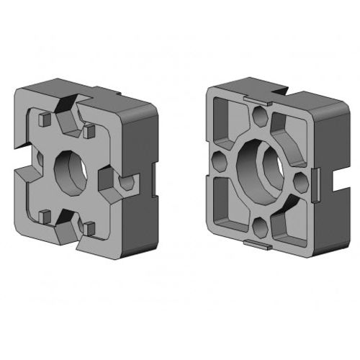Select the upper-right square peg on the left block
pyautogui.click(x=90, y=132)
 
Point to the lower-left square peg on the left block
pyautogui.click(x=45, y=215)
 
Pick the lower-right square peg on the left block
pyautogui.click(x=89, y=228)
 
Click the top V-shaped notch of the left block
pyautogui.click(x=71, y=117)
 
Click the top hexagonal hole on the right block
pyautogui.click(x=261, y=115)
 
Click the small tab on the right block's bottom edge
pyautogui.click(x=258, y=246)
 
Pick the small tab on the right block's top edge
pyautogui.click(x=258, y=101)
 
